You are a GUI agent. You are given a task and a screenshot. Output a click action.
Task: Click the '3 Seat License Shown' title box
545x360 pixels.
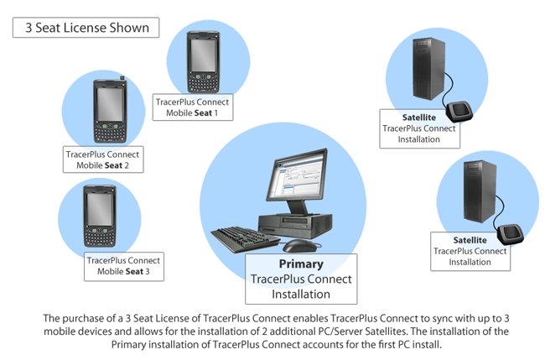81,28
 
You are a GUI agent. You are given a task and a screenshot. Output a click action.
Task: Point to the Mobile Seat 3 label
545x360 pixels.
124,266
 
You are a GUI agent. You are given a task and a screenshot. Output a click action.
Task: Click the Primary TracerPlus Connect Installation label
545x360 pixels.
300,279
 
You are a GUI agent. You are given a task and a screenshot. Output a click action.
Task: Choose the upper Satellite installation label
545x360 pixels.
418,128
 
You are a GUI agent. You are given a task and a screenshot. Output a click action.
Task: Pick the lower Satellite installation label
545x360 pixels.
470,250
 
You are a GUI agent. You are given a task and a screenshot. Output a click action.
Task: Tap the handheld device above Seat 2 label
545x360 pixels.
111,110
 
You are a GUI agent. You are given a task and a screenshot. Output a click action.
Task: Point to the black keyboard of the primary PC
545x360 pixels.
244,238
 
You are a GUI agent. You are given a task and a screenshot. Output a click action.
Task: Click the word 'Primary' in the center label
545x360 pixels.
300,264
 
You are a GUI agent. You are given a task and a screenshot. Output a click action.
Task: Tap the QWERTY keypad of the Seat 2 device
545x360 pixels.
110,132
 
